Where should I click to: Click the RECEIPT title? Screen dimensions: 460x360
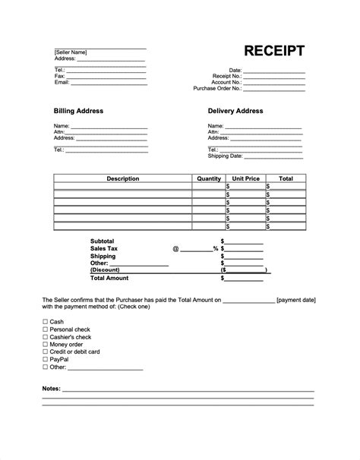(274, 51)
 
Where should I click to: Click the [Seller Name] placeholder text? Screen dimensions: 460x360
(71, 52)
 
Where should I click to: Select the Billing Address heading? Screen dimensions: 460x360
(78, 111)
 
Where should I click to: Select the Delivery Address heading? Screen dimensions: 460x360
(235, 111)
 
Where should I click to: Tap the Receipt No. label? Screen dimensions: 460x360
(227, 76)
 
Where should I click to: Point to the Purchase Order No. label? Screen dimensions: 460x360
(217, 88)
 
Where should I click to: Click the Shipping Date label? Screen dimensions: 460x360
(225, 156)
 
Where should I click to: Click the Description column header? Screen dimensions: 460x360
(122, 179)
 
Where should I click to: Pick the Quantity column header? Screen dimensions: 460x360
(208, 179)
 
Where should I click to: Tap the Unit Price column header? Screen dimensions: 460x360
(245, 179)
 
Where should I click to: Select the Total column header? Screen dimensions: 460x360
(286, 179)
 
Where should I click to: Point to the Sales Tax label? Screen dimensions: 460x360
(104, 248)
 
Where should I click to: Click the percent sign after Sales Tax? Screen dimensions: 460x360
(216, 249)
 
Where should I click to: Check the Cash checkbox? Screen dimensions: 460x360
(45, 322)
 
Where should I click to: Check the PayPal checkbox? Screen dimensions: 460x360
(45, 359)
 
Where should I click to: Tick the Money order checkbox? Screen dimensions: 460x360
(45, 344)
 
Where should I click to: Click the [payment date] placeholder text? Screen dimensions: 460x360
(297, 300)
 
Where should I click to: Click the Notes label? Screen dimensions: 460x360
(52, 389)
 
